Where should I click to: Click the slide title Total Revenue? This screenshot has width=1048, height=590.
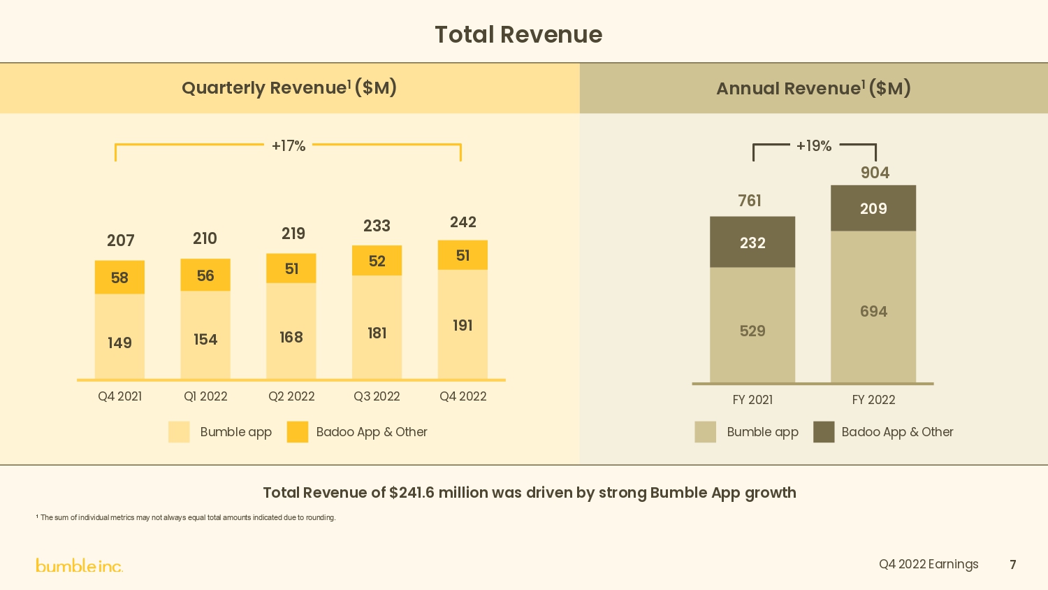click(518, 34)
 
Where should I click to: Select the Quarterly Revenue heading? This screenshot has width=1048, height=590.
click(289, 88)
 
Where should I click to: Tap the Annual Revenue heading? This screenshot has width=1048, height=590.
click(813, 88)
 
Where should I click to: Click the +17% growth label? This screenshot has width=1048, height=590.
click(289, 146)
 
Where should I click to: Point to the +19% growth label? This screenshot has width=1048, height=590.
click(814, 146)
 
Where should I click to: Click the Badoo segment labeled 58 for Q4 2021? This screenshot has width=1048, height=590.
click(119, 278)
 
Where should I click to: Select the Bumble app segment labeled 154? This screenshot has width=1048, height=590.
click(205, 339)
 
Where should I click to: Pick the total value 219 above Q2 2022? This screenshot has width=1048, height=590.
click(293, 233)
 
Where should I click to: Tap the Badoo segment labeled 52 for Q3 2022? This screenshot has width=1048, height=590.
click(377, 261)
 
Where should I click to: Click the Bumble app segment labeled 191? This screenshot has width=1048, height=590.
click(463, 325)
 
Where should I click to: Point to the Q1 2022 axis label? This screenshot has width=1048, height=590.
click(205, 396)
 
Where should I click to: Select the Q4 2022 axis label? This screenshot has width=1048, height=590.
click(463, 396)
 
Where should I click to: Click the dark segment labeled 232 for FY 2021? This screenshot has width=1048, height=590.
click(752, 243)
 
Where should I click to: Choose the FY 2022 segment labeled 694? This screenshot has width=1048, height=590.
click(873, 311)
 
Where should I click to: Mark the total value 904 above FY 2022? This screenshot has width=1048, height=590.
click(875, 173)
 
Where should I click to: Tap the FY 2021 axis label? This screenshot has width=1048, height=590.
click(752, 400)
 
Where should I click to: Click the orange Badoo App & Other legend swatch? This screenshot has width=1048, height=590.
click(298, 432)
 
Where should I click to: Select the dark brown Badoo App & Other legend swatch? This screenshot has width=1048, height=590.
click(824, 432)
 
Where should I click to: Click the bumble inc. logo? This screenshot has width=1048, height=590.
click(79, 566)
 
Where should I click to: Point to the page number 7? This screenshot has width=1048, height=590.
click(1012, 565)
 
